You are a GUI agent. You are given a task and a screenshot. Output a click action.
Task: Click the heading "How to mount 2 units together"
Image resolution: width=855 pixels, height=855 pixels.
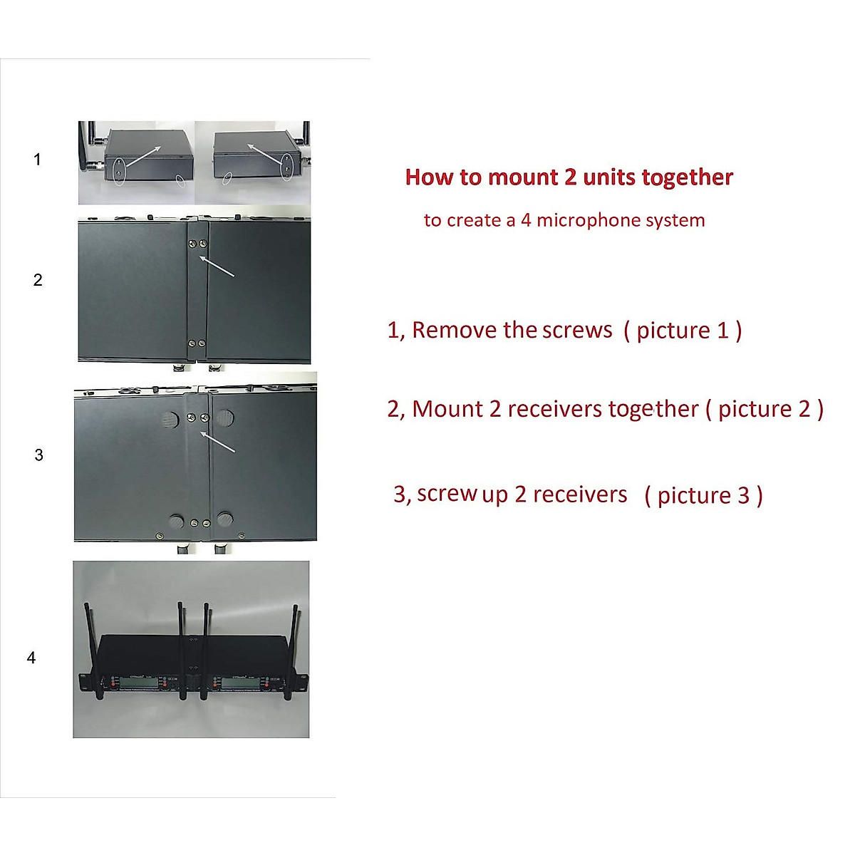569,177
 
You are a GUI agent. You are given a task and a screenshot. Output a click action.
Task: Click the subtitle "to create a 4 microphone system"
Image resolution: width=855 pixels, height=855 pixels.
564,220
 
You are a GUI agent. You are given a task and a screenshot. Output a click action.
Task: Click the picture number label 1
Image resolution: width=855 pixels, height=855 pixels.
37,160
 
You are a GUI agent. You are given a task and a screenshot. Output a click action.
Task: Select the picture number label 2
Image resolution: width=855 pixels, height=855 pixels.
38,280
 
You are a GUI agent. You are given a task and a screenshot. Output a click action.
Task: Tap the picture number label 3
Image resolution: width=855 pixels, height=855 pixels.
38,455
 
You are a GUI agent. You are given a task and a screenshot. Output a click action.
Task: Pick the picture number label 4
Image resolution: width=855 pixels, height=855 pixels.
31,658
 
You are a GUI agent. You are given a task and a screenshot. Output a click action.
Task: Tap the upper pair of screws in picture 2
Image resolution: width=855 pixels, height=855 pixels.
197,244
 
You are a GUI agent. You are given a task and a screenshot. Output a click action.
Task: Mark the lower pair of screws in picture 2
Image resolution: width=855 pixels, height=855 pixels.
197,343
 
